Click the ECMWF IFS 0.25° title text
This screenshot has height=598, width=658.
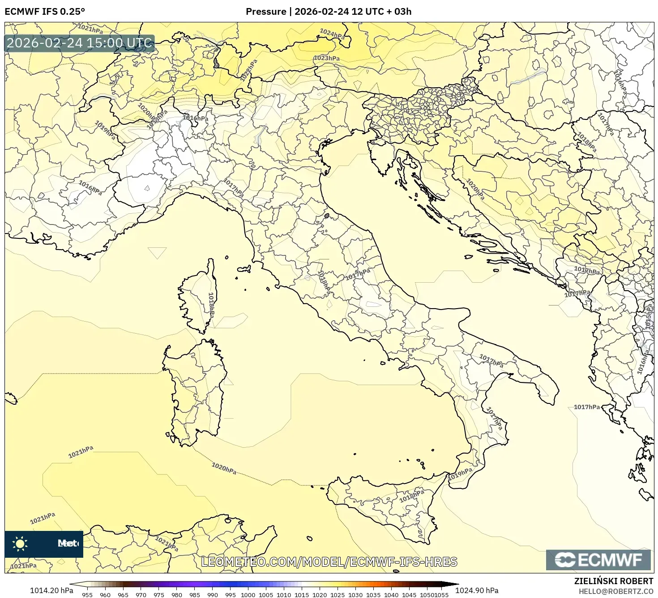click(x=45, y=12)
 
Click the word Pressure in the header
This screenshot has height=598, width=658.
click(x=266, y=12)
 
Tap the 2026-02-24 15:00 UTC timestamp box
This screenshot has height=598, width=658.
click(x=79, y=43)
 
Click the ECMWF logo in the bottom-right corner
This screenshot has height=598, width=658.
click(x=598, y=560)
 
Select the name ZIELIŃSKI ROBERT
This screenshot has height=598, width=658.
click(x=613, y=581)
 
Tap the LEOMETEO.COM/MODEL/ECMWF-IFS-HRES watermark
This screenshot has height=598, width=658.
click(x=329, y=562)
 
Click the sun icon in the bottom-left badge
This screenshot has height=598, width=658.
click(x=20, y=544)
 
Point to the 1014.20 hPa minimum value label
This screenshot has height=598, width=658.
click(x=51, y=590)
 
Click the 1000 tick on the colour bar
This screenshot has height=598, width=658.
click(x=248, y=595)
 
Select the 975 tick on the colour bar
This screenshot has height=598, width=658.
click(x=158, y=595)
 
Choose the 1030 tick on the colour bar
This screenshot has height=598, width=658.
click(x=355, y=595)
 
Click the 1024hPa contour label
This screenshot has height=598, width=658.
click(x=332, y=34)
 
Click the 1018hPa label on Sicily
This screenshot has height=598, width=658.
click(x=411, y=496)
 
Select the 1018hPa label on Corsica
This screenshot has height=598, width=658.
click(x=211, y=305)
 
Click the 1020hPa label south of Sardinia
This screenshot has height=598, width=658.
click(x=224, y=468)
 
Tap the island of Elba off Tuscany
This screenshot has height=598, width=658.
click(x=244, y=269)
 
